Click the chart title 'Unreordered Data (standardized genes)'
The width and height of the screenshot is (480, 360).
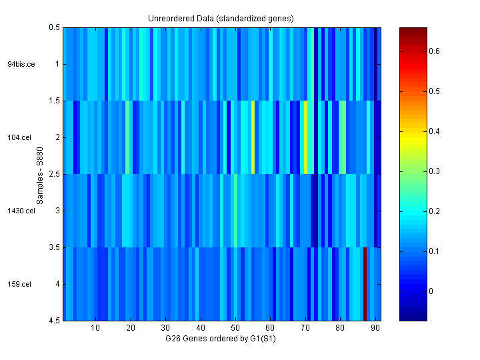click(221, 18)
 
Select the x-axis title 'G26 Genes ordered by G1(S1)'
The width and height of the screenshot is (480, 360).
click(221, 339)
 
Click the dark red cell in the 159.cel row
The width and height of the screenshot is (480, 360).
click(365, 284)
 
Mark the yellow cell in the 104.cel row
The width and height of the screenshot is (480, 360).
click(305, 137)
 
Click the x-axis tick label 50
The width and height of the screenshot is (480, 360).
click(235, 328)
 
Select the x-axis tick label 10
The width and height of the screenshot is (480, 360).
click(95, 328)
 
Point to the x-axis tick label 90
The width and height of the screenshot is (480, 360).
click(375, 328)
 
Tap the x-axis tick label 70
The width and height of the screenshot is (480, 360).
click(305, 328)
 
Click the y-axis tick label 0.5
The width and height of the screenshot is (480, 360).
click(55, 27)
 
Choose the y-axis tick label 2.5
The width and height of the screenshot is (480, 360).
click(55, 174)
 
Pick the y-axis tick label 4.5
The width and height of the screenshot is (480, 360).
click(55, 321)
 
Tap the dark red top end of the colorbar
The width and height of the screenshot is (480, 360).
click(413, 30)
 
